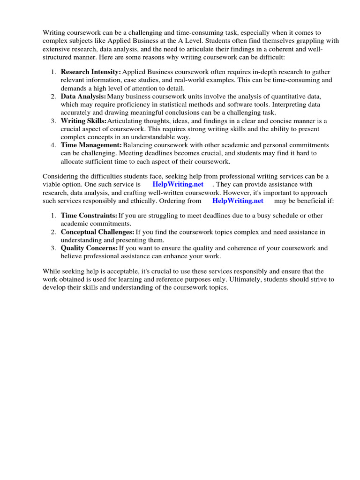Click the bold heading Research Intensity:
[x=90, y=72]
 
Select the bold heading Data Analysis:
[x=83, y=96]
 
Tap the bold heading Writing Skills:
[x=83, y=121]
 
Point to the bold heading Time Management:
[x=91, y=145]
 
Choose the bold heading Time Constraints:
[x=89, y=216]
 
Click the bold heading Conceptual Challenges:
[x=97, y=232]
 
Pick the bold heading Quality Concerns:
[x=89, y=248]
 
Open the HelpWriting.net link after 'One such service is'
[x=178, y=184]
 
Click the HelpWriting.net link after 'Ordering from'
[x=238, y=201]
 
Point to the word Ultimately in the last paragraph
[x=236, y=279]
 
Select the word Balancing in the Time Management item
[x=138, y=145]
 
